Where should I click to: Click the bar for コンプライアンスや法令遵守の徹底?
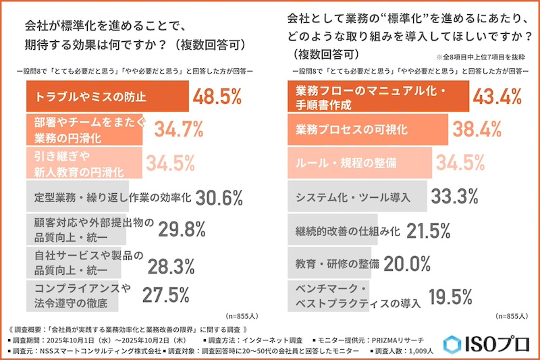72,296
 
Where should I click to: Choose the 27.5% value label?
167,296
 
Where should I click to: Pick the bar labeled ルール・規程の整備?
360,163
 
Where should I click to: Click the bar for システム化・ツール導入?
358,197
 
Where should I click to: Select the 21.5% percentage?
427,230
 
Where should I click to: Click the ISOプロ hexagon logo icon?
453,345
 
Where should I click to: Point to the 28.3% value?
177,263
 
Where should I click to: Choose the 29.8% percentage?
182,230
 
